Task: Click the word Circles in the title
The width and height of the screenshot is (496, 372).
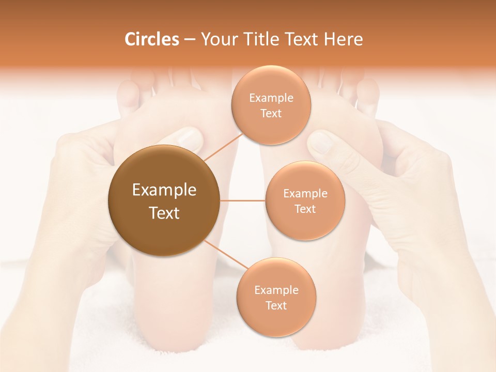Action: [152, 39]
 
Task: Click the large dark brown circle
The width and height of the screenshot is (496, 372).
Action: [164, 200]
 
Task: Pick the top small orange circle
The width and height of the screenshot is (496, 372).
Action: [271, 105]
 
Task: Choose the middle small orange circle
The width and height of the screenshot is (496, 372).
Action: [305, 200]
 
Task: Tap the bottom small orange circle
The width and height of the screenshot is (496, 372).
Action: [276, 297]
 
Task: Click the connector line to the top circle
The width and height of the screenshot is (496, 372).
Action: [222, 146]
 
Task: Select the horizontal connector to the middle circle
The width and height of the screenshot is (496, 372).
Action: [242, 200]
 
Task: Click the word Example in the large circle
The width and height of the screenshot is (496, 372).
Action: [164, 190]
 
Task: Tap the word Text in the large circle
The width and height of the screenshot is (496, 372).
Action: [164, 213]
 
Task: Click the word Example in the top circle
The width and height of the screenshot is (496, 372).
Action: [271, 98]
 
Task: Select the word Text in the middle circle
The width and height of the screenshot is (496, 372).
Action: [305, 209]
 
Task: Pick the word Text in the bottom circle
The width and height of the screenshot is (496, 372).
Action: [276, 305]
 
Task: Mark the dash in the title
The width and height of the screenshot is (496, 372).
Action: [189, 40]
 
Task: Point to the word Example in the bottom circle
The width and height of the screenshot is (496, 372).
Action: [276, 290]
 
